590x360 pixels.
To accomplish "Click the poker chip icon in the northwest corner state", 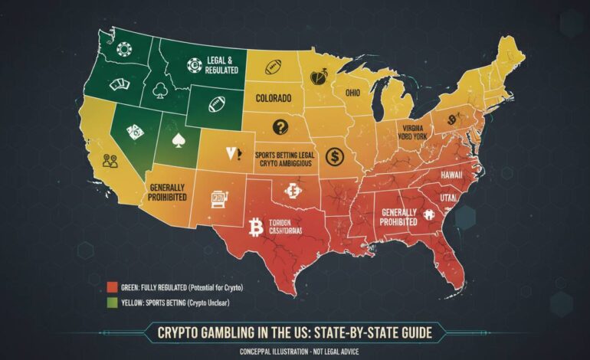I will tap(125, 47).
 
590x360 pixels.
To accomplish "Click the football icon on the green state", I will tap(216, 100).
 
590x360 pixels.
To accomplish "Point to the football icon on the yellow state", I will tap(274, 67).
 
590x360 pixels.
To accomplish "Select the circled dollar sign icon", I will tap(334, 157).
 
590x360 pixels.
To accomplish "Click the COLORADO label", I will tap(268, 100).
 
